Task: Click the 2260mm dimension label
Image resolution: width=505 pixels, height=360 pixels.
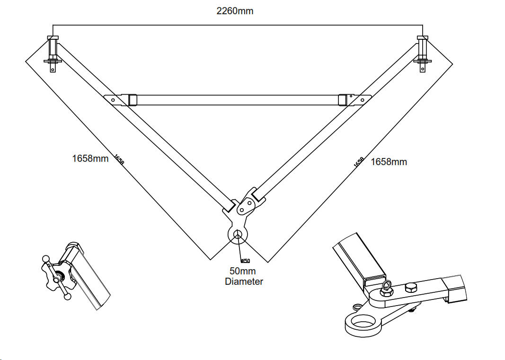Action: pyautogui.click(x=235, y=11)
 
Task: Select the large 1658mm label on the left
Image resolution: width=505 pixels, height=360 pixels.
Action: pyautogui.click(x=90, y=158)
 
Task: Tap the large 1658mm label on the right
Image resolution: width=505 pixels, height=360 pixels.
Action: pyautogui.click(x=389, y=162)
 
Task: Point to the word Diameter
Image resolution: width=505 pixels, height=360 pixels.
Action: pyautogui.click(x=244, y=281)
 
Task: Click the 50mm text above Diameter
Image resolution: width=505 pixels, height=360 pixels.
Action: pyautogui.click(x=242, y=272)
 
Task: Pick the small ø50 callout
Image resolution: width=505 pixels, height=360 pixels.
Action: pyautogui.click(x=245, y=261)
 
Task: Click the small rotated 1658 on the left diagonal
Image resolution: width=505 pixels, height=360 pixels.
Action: pyautogui.click(x=119, y=159)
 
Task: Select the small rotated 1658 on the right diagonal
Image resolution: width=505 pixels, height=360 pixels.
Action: pyautogui.click(x=359, y=162)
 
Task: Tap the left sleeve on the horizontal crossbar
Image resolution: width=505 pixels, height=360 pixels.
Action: pyautogui.click(x=132, y=100)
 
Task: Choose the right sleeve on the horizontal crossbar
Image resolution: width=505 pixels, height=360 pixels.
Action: pyautogui.click(x=343, y=100)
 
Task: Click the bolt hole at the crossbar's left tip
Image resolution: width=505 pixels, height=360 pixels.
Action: pyautogui.click(x=113, y=100)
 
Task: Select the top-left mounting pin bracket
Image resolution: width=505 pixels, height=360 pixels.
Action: pyautogui.click(x=53, y=53)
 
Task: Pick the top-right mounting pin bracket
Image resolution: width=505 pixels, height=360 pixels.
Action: pyautogui.click(x=422, y=53)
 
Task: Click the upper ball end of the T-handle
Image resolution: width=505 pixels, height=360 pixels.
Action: pyautogui.click(x=45, y=259)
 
